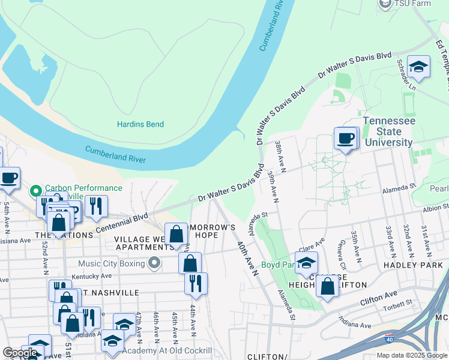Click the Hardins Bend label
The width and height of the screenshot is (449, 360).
[x=140, y=124]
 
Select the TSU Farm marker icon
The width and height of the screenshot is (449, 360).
[x=385, y=4]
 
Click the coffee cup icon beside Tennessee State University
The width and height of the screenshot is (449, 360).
[x=345, y=138]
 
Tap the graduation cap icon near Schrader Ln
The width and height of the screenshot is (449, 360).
[x=418, y=67]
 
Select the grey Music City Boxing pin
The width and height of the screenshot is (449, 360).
[x=155, y=263]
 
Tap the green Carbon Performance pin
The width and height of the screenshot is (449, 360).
[x=36, y=191]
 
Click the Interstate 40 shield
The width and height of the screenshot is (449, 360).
[x=390, y=339]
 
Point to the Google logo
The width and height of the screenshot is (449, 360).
[x=20, y=353]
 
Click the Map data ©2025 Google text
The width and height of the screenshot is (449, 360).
[x=412, y=355]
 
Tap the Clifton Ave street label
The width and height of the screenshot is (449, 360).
[x=379, y=295]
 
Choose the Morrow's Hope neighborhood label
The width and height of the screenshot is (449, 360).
[x=211, y=232]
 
